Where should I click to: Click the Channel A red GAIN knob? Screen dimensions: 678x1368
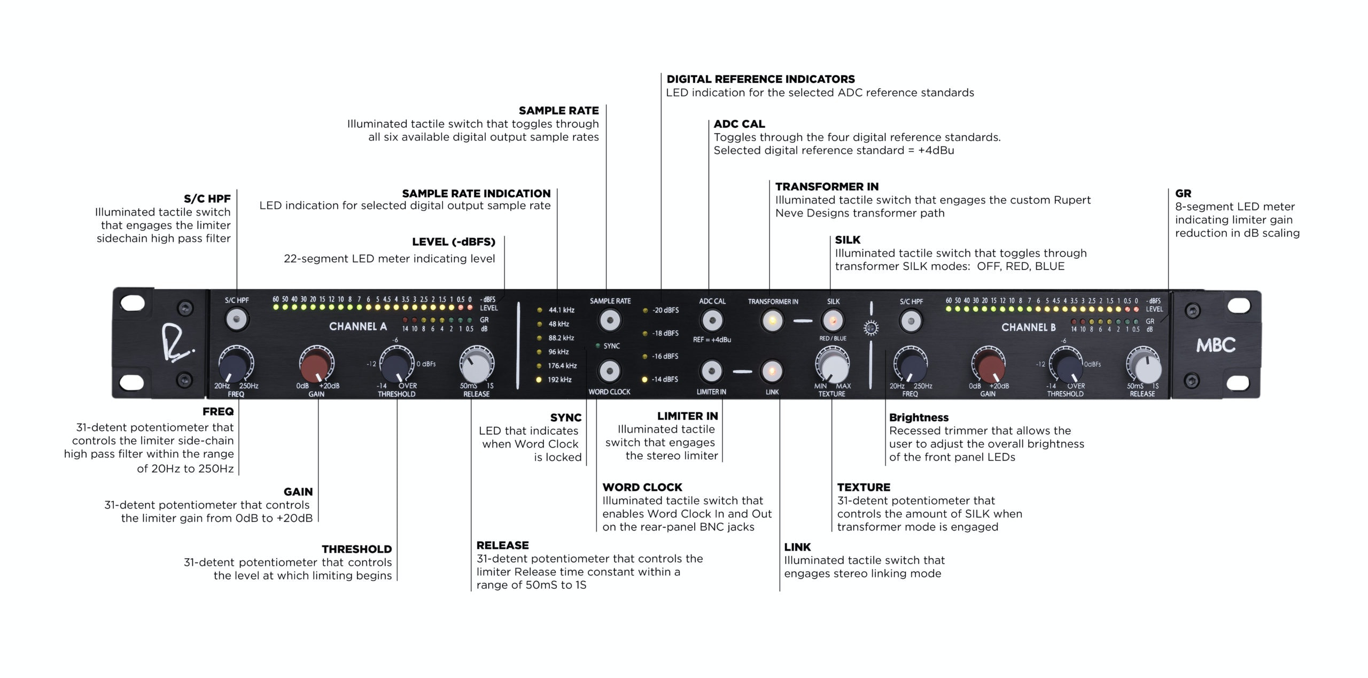tap(316, 366)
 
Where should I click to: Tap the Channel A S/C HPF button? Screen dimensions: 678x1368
tap(236, 320)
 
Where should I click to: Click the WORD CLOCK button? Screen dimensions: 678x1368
tap(609, 371)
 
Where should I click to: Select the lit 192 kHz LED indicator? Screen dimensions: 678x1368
tap(539, 380)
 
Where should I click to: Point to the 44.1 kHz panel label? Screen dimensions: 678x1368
tap(561, 310)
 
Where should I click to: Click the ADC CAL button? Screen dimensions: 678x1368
tap(712, 321)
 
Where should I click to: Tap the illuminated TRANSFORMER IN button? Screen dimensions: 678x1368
tap(772, 321)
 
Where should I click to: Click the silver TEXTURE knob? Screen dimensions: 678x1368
tap(832, 366)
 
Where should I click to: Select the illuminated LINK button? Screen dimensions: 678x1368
tap(772, 371)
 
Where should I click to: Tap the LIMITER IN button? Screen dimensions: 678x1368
tap(711, 371)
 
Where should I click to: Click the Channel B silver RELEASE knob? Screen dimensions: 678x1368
tap(1144, 366)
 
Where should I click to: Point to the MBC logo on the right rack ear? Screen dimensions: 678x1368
tap(1216, 345)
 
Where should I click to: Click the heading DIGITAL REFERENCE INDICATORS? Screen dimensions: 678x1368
tap(760, 79)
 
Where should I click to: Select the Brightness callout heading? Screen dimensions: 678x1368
tap(919, 418)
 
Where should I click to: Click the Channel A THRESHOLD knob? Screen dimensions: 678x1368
tap(396, 366)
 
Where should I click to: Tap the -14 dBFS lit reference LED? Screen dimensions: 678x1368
tap(645, 379)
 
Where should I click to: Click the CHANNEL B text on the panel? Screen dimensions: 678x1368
tap(1028, 327)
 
